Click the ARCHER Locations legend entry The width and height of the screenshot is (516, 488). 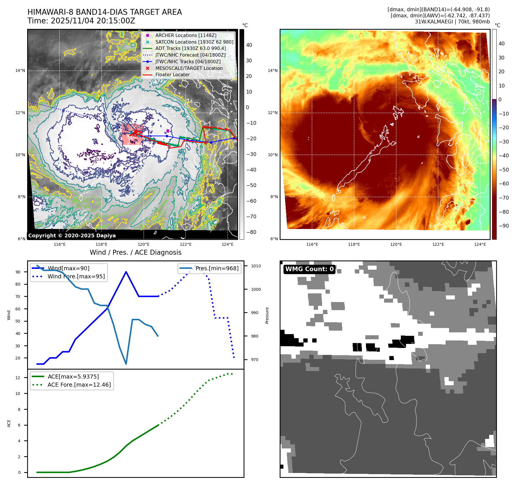point(186,35)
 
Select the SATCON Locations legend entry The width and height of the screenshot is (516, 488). point(194,42)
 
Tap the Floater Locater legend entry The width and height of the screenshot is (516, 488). point(172,74)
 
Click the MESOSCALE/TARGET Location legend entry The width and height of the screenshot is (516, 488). point(189,68)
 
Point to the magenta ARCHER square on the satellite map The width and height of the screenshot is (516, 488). point(168,131)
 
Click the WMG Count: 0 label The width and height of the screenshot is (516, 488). point(309,269)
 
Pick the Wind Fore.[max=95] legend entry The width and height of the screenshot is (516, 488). point(76,276)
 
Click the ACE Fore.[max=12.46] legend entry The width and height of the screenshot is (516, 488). point(79,385)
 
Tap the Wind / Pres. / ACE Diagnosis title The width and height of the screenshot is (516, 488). point(136,252)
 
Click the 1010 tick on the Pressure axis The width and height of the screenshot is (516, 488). point(256,266)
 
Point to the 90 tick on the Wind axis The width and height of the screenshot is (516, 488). point(18,272)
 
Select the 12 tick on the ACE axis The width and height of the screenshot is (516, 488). point(18,378)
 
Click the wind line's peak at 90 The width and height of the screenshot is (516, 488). point(126,272)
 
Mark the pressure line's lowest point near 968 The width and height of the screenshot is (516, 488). point(126,364)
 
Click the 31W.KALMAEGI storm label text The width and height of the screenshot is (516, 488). point(452,22)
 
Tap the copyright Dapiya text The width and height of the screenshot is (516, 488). point(72,236)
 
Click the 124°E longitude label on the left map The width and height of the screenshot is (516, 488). point(227,244)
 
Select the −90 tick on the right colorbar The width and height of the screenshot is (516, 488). point(504,226)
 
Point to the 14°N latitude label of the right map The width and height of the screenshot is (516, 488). point(272,70)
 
